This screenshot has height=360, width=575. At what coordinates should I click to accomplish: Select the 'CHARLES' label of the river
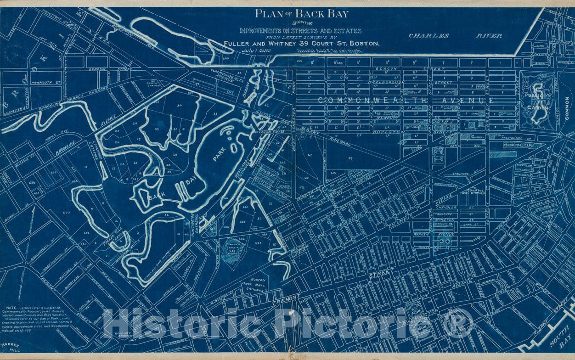pyautogui.click(x=428, y=35)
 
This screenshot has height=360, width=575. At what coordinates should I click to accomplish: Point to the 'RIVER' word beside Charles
pyautogui.click(x=489, y=35)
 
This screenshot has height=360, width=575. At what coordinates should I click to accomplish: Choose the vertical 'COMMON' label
pyautogui.click(x=567, y=108)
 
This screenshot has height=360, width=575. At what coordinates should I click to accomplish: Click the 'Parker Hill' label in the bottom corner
pyautogui.click(x=9, y=348)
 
